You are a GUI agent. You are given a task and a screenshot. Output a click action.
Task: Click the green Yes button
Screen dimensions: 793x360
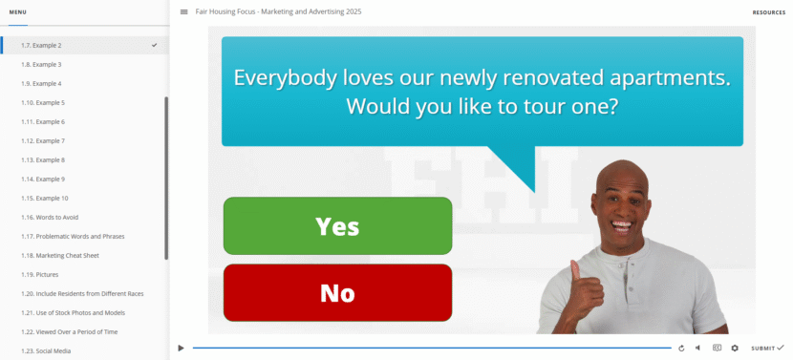pos(337,225)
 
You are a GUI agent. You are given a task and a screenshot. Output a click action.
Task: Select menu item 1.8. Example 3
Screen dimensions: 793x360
pos(41,65)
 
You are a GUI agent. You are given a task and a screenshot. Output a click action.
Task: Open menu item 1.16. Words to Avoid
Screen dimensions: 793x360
pos(50,218)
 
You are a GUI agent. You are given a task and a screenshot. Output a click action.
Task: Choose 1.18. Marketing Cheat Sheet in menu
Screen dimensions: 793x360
pos(60,255)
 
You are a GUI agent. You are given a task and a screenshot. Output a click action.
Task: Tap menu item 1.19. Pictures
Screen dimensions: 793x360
pos(40,275)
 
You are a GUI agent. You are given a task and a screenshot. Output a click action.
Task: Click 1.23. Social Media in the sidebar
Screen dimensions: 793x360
pos(46,350)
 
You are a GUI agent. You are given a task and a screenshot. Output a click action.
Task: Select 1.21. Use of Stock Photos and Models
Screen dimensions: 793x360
pos(74,313)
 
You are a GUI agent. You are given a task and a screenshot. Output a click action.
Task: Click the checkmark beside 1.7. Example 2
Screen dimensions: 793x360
pos(154,45)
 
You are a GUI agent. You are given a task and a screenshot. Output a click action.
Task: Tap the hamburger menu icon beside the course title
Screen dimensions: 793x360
pos(184,11)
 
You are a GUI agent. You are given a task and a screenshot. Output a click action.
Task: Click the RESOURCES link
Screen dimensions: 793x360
pos(769,12)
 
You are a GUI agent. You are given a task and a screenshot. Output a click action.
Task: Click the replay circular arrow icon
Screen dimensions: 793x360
pos(681,349)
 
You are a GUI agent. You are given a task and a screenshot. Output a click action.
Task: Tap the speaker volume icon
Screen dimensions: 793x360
pos(697,348)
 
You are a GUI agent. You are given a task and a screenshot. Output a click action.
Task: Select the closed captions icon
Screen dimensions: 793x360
pos(717,348)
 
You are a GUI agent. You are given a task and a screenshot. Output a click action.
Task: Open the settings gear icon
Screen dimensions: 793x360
pos(735,349)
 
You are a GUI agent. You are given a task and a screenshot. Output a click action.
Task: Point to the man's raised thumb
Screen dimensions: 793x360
pos(575,271)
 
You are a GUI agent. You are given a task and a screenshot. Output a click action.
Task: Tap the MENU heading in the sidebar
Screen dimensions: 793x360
pos(18,12)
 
